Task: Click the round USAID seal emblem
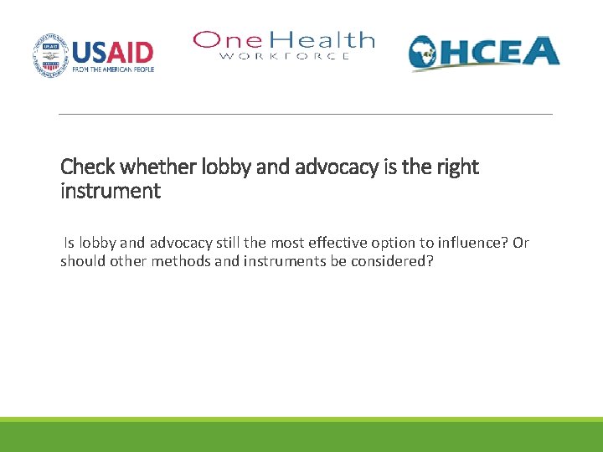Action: click(x=50, y=55)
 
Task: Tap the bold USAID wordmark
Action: click(x=113, y=52)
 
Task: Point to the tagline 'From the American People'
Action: click(x=113, y=69)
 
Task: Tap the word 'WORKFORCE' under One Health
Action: click(x=285, y=56)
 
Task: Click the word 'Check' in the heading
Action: click(x=85, y=167)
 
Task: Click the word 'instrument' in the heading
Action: click(x=110, y=191)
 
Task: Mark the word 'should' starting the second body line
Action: click(x=81, y=260)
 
